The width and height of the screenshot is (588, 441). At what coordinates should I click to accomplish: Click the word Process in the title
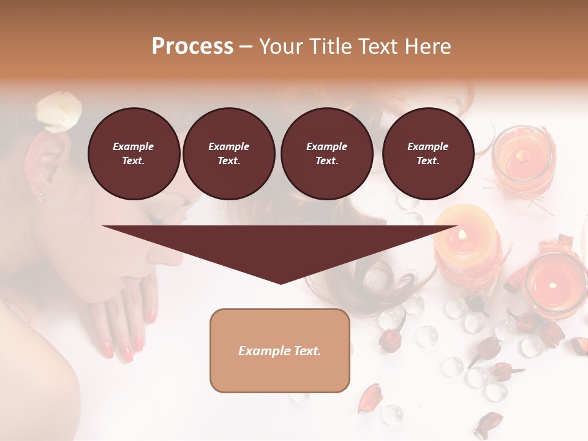(x=192, y=47)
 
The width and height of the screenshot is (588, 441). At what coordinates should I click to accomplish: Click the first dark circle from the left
(x=134, y=154)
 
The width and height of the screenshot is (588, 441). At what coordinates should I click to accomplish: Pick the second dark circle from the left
(x=229, y=154)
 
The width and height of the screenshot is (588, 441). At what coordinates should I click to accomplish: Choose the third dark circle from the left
(x=327, y=154)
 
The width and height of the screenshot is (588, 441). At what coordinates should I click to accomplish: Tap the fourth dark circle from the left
(x=428, y=154)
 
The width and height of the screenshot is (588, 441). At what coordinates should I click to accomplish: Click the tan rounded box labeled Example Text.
(x=280, y=350)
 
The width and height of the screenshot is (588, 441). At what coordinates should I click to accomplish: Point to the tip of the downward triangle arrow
(x=281, y=282)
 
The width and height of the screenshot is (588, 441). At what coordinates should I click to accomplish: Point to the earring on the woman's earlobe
(x=41, y=197)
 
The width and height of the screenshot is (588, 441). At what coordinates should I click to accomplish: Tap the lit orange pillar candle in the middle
(x=467, y=242)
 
